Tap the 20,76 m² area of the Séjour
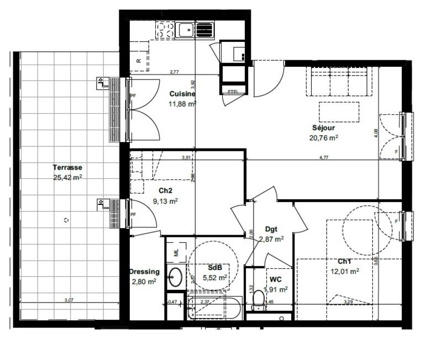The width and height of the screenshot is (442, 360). pos(324,138)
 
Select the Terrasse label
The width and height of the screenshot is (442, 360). pos(67,167)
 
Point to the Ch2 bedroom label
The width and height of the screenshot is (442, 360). pos(165,191)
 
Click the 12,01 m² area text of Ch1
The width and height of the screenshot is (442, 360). pos(346,271)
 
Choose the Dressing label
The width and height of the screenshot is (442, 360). pos(144,272)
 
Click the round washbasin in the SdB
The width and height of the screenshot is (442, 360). pos(176,276)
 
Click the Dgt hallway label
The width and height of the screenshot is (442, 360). pos(271,229)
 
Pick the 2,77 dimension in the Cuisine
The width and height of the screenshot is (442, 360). pos(174,72)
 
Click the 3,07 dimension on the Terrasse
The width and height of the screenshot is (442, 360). pos(69,300)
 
